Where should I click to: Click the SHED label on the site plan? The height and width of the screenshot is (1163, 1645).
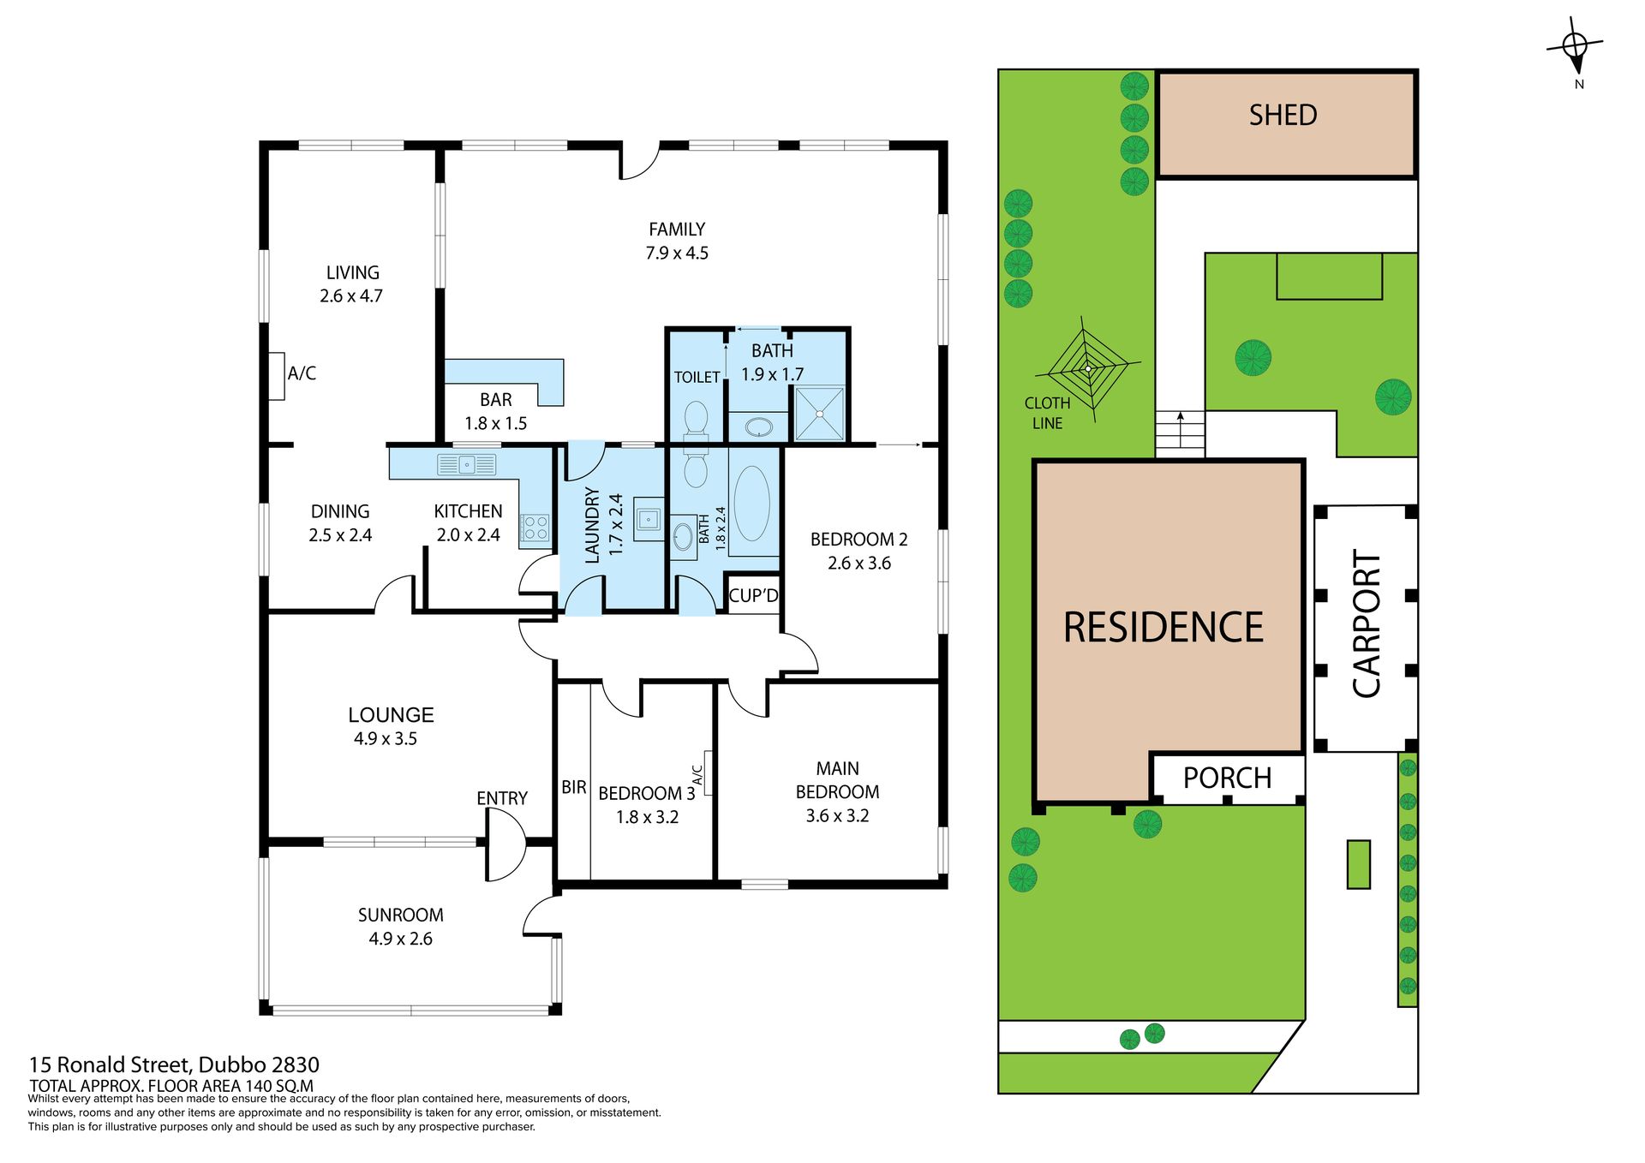click(1283, 115)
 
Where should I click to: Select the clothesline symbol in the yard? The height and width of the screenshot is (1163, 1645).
click(1087, 369)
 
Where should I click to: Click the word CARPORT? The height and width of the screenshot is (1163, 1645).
click(1367, 623)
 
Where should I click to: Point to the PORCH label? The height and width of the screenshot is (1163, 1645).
click(1227, 778)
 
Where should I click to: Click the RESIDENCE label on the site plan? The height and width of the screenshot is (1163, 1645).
click(1163, 627)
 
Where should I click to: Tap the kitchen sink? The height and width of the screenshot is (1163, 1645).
click(466, 464)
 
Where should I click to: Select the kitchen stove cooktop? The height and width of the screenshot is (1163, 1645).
click(535, 527)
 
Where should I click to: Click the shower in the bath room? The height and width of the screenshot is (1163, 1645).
click(819, 414)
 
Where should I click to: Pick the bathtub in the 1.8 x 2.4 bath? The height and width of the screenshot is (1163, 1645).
click(751, 504)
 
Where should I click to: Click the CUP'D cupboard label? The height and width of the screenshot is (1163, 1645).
click(754, 595)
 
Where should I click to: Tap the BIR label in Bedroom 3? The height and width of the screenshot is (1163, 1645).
click(574, 787)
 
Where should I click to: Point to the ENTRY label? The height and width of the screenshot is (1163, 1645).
click(502, 798)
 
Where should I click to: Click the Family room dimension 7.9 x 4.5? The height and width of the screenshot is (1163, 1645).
click(677, 253)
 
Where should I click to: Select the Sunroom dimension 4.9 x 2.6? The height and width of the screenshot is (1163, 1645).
click(400, 939)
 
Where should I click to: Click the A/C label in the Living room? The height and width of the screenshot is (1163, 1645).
click(302, 373)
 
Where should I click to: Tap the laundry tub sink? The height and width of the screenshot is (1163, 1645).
click(649, 518)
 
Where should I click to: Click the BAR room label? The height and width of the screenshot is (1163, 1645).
click(496, 400)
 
